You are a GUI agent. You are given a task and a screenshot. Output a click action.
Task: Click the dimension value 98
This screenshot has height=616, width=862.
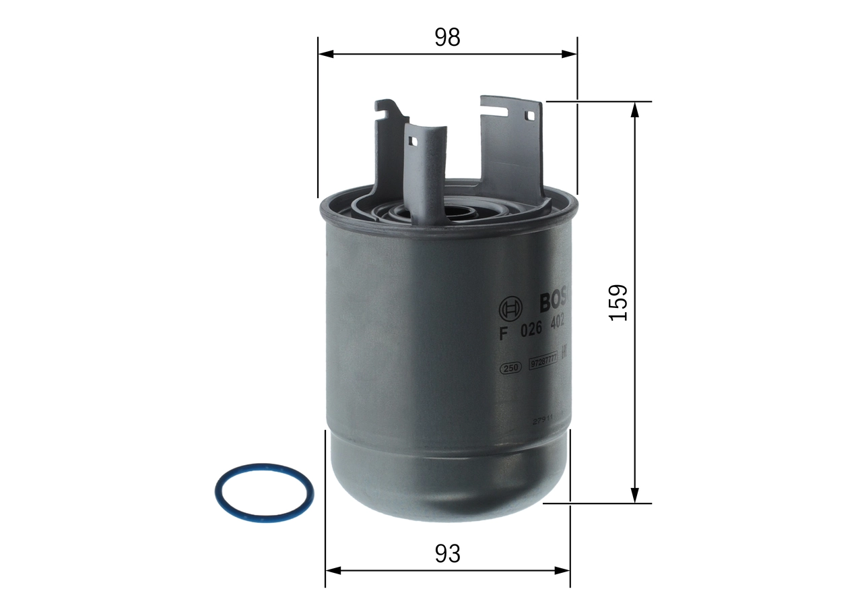446,38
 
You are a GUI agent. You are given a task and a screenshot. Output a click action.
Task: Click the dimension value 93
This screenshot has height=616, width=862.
447,554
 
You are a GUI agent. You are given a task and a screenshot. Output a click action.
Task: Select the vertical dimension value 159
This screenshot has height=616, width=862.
618,302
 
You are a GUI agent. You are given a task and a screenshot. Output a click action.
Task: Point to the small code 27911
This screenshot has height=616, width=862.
543,419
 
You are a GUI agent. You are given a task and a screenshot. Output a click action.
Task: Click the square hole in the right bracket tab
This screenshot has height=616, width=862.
530,115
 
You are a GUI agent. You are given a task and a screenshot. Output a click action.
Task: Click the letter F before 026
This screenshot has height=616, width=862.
502,333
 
